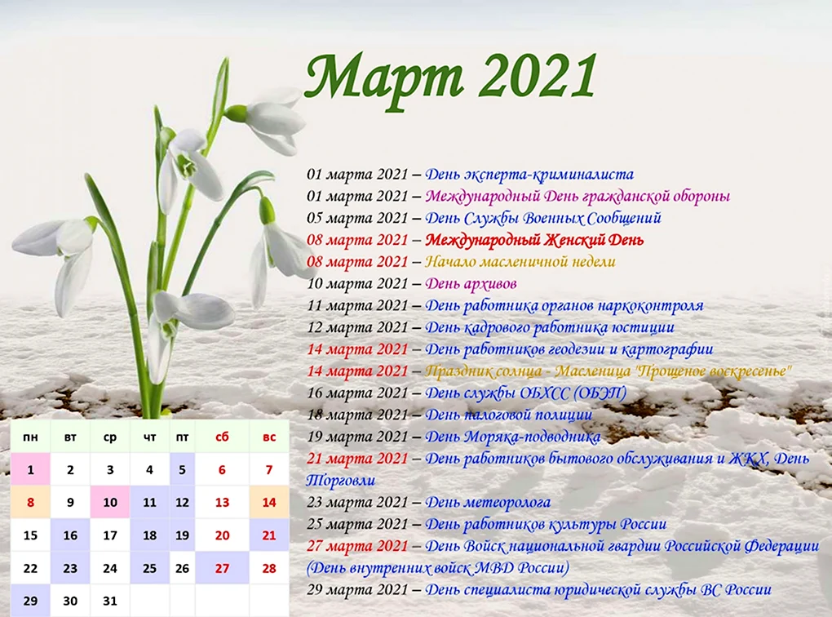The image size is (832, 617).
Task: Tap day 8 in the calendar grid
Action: [x=30, y=502]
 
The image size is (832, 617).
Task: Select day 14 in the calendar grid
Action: [x=269, y=502]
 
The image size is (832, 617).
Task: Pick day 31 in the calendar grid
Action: [x=110, y=601]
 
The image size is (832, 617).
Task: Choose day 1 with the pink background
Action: [x=30, y=469]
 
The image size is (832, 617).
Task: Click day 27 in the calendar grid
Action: [x=222, y=568]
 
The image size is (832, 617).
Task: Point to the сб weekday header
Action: [x=222, y=437]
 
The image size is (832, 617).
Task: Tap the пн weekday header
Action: [x=30, y=437]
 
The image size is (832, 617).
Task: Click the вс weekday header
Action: [x=269, y=437]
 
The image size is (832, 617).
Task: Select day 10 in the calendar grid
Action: [x=110, y=502]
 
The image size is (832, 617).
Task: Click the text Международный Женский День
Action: [x=534, y=240]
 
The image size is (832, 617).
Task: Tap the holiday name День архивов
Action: [x=471, y=284]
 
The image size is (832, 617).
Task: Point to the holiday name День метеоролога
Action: [x=488, y=502]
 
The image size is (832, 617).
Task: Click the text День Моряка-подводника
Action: [x=512, y=437]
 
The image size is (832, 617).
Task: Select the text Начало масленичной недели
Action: [x=520, y=262]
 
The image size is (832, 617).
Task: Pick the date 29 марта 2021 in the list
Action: [x=357, y=590]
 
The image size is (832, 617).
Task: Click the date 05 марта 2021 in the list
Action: [x=357, y=218]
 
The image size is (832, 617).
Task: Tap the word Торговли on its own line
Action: [x=341, y=481]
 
